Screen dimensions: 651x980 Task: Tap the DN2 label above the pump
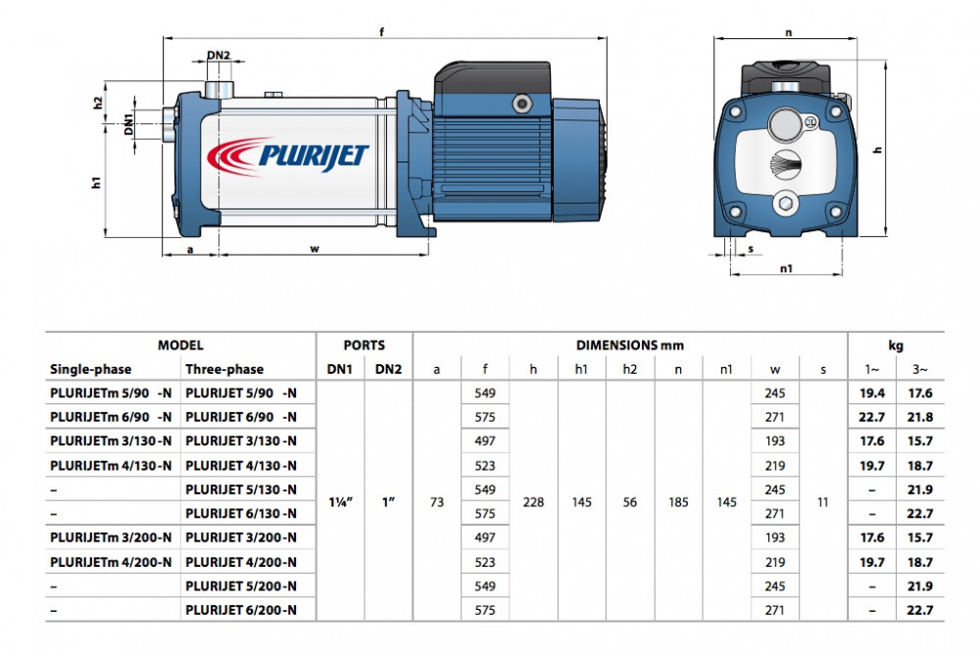tap(220, 56)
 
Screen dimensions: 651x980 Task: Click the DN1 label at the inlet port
tap(129, 123)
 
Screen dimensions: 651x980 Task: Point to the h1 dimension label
tap(96, 180)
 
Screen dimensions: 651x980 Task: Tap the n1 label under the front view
tap(787, 267)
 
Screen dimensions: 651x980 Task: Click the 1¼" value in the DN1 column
tap(339, 501)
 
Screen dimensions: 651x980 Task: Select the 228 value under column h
tap(534, 501)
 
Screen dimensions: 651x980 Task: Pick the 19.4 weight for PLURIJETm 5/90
tap(872, 393)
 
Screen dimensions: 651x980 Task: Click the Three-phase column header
tap(224, 369)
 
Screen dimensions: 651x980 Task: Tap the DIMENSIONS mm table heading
tap(629, 346)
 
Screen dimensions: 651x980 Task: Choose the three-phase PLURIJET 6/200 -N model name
tap(240, 610)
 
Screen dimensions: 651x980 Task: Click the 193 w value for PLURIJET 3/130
tap(774, 441)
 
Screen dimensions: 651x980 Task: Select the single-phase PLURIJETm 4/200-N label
tap(111, 562)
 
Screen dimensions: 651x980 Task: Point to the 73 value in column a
tap(437, 501)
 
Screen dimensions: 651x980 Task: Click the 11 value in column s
tap(822, 501)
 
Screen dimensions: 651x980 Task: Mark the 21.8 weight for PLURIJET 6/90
tap(920, 417)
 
